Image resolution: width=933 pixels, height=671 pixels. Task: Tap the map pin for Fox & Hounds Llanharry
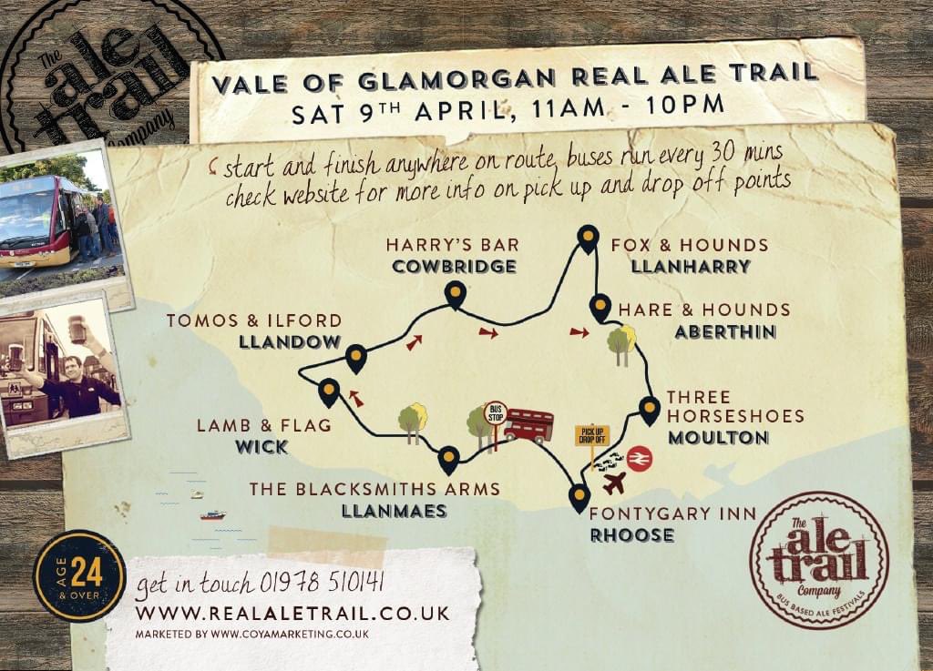589,238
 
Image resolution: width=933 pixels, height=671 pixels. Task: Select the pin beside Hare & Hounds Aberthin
600,307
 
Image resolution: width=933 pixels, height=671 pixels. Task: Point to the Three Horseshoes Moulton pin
649,409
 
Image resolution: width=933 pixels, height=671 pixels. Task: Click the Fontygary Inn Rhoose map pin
579,497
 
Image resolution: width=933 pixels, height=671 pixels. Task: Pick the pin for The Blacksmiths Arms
447,459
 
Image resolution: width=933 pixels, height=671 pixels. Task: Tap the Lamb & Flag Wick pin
329,391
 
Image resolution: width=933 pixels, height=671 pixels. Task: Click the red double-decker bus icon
528,425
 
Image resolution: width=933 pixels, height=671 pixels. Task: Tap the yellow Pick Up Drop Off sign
591,435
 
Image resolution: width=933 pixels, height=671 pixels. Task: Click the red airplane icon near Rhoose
614,483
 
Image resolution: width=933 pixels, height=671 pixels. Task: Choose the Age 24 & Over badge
79,575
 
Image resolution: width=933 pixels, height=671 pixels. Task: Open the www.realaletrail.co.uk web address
292,613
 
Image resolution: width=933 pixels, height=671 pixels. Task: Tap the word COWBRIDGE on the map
454,267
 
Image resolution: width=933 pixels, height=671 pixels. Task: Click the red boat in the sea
212,515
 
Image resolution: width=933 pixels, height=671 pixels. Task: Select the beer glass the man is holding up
77,330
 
